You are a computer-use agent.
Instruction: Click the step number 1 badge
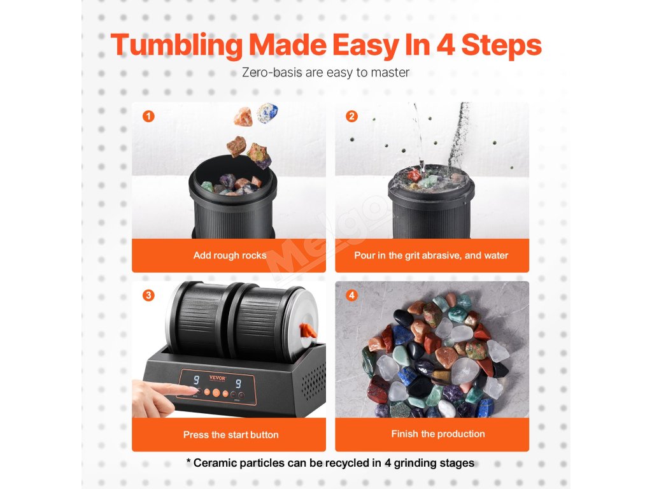pos(148,116)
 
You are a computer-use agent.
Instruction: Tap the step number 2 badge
pos(351,116)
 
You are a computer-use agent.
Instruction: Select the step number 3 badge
pos(148,295)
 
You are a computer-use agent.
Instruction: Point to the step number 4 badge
pos(351,295)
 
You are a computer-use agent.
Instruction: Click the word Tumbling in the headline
pos(176,46)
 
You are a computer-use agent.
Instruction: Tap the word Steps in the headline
pos(502,46)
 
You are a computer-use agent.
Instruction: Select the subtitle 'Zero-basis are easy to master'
pos(325,73)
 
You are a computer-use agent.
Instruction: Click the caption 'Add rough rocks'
pos(229,255)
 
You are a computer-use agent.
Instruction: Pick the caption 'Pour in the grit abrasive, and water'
pos(431,255)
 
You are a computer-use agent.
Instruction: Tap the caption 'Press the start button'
pos(230,434)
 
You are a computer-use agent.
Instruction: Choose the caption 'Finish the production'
pos(438,434)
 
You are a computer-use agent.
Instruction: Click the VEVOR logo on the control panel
pos(217,378)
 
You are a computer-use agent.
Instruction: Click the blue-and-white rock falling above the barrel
pos(267,113)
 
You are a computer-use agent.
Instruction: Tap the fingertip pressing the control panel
pos(192,390)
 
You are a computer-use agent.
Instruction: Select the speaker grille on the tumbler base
pos(314,380)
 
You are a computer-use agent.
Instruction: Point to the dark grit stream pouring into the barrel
pos(458,134)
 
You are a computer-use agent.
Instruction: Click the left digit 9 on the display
pos(196,379)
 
